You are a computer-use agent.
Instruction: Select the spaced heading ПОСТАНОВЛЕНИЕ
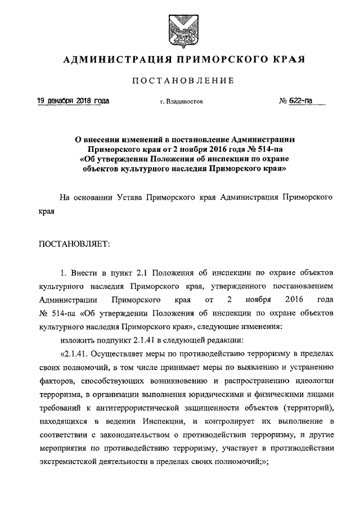pyautogui.click(x=180, y=82)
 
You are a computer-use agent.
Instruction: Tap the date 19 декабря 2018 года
pyautogui.click(x=73, y=101)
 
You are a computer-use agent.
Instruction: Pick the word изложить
pyautogui.click(x=75, y=340)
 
